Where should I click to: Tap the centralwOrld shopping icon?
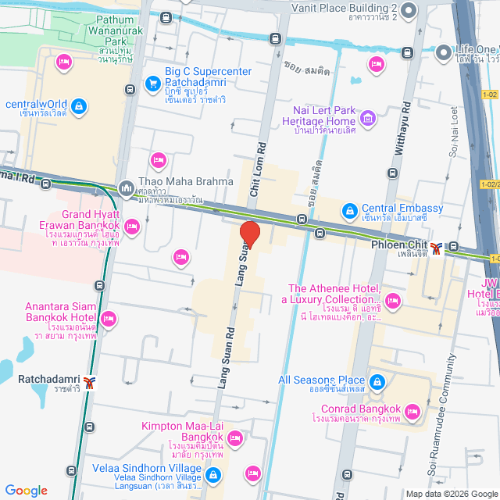[x=78, y=105]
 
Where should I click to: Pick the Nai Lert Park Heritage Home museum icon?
[x=368, y=117]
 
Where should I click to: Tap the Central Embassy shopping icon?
[x=350, y=210]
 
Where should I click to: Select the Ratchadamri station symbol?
[x=91, y=383]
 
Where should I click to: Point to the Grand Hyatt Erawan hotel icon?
[x=131, y=227]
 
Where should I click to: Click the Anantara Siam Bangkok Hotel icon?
[x=109, y=318]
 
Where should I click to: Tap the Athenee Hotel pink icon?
[x=392, y=300]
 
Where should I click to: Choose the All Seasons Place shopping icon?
[x=377, y=382]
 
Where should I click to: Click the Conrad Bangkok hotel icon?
[x=413, y=410]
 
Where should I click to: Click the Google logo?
[x=26, y=490]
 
